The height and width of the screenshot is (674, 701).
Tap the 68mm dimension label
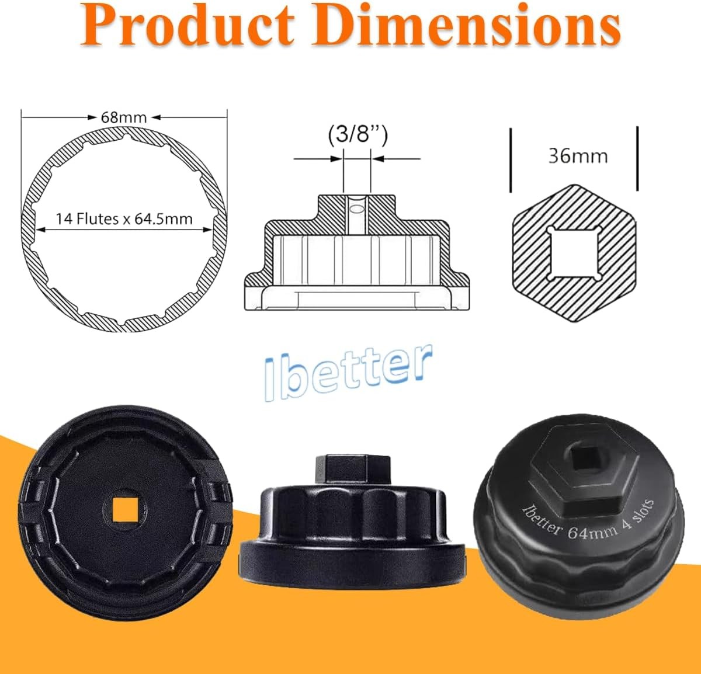[x=124, y=117]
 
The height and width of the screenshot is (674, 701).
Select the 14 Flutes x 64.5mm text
[x=124, y=219]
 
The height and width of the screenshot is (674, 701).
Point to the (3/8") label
[x=357, y=136]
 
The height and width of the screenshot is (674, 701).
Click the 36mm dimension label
[x=577, y=156]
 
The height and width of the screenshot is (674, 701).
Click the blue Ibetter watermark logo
[x=349, y=373]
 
